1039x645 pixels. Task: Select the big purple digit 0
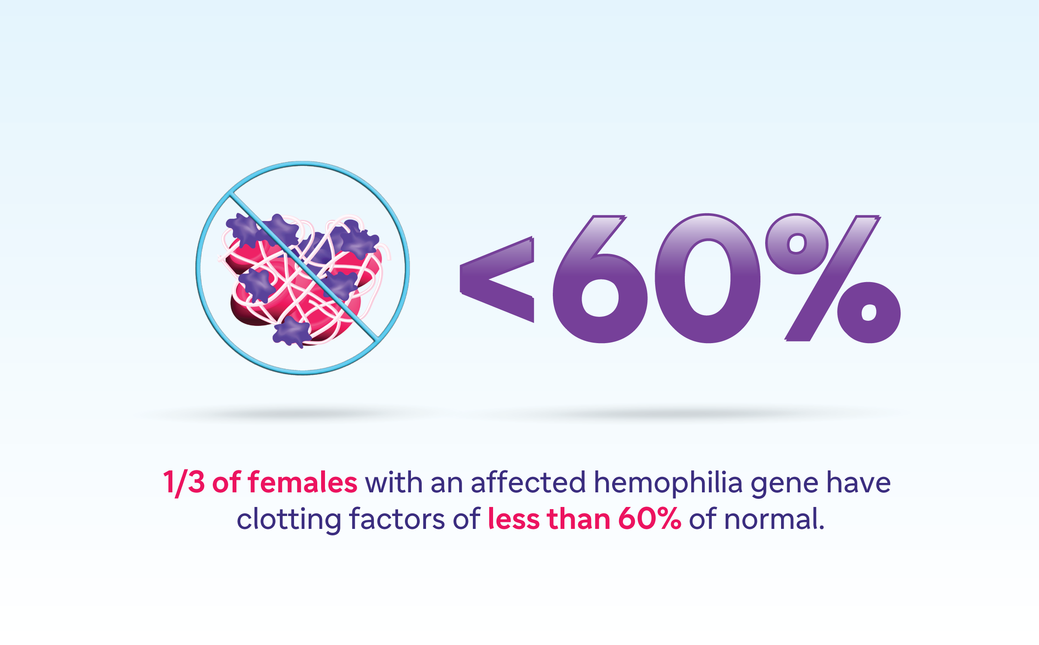[707, 278]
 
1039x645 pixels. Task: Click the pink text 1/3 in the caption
[184, 483]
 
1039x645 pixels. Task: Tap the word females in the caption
[303, 482]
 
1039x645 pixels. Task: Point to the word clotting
[289, 521]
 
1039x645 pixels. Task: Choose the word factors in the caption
[398, 519]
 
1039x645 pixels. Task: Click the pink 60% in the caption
[649, 519]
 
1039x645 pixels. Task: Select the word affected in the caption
[528, 482]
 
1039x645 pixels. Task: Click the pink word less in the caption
[514, 519]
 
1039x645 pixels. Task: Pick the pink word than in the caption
[579, 519]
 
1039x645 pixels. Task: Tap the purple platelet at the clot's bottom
[292, 332]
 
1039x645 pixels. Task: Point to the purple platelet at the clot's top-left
[244, 230]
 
